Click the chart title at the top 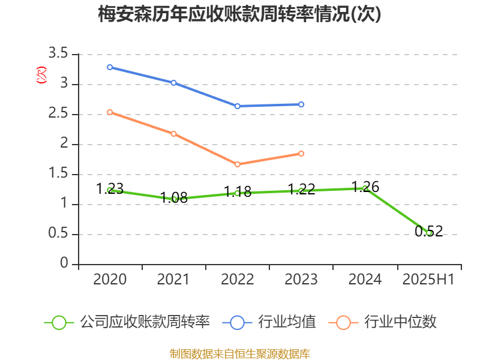239,15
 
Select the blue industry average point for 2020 110,67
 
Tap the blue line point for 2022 238,106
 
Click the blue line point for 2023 301,104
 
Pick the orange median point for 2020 110,112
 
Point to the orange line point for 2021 174,134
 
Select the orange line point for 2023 301,154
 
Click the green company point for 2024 365,188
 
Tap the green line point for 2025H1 428,233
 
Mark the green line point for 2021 174,199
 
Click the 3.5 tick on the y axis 59,55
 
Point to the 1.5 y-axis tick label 59,175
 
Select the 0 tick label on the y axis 65,265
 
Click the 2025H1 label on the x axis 428,280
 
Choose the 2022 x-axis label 238,280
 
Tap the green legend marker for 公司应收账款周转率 59,322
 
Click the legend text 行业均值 287,322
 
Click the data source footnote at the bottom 239,353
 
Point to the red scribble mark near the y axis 41,75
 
